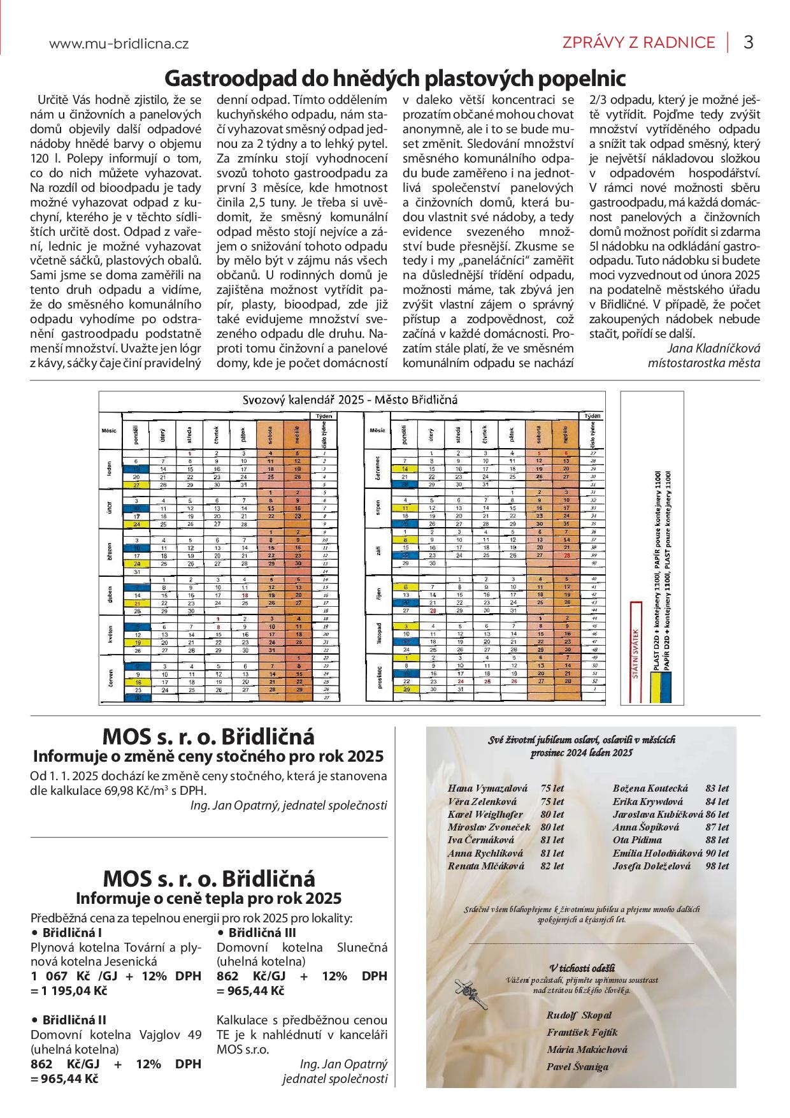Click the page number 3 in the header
pyautogui.click(x=749, y=42)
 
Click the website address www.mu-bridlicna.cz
pyautogui.click(x=118, y=43)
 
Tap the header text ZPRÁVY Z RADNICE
pyautogui.click(x=638, y=43)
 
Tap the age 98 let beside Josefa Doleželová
pyautogui.click(x=717, y=866)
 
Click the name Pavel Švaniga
pyautogui.click(x=577, y=1066)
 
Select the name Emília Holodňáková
pyautogui.click(x=657, y=853)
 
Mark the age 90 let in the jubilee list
pyautogui.click(x=717, y=853)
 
